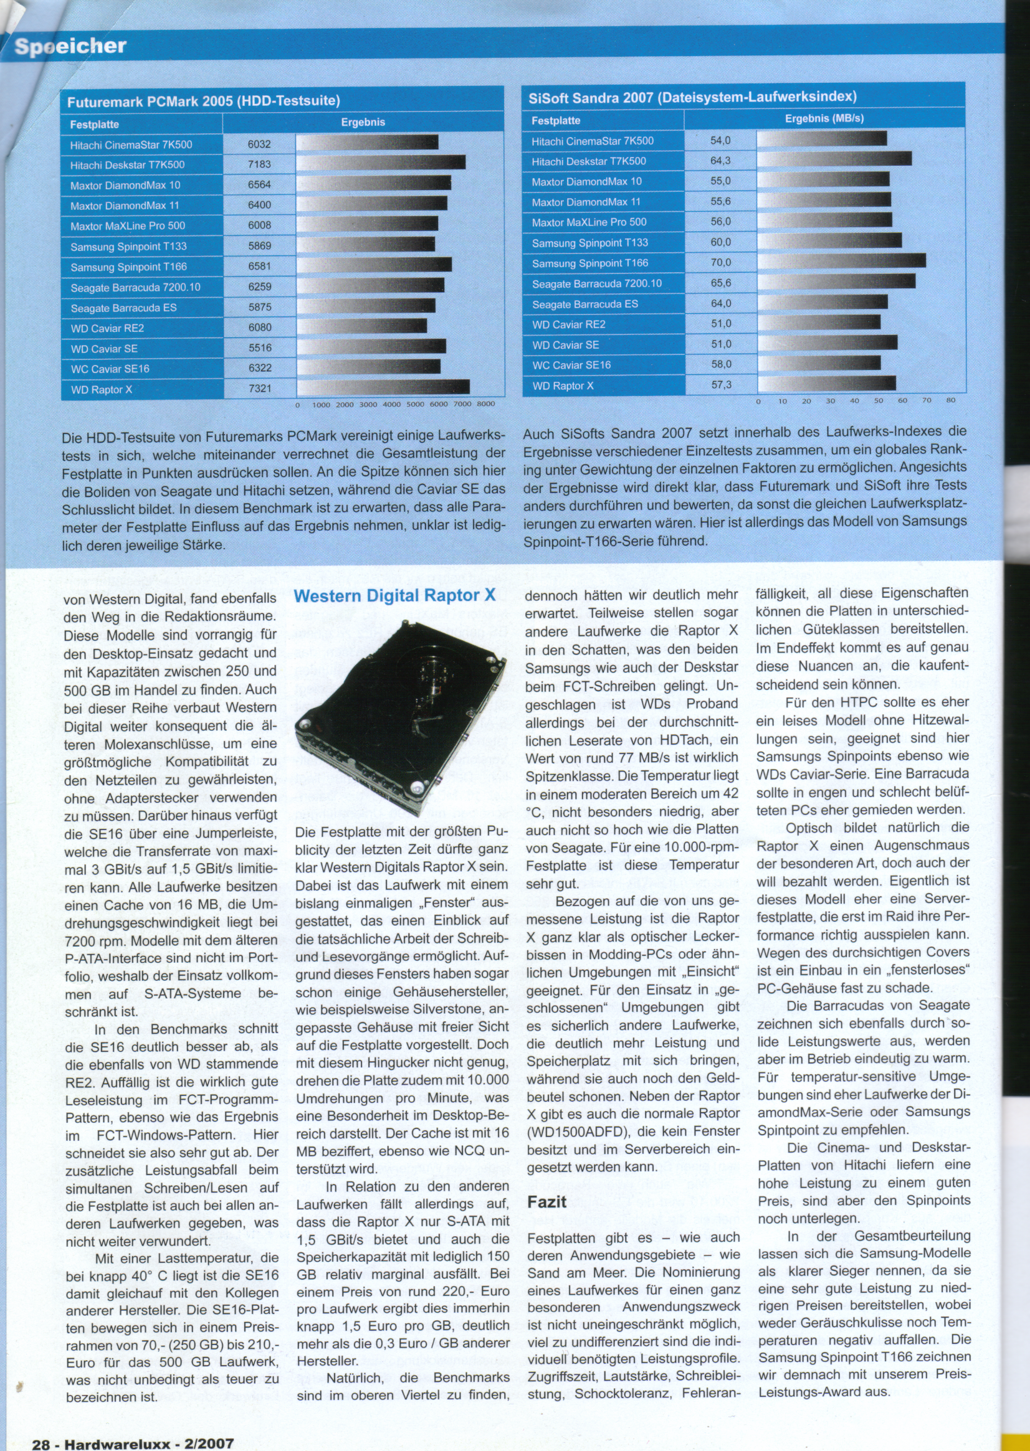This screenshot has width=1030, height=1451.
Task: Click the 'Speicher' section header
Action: click(x=70, y=46)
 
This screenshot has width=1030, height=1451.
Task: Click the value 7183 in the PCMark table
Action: click(x=259, y=164)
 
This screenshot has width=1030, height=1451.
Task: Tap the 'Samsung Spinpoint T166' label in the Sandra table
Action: click(x=581, y=263)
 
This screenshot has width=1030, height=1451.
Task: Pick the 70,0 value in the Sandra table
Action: click(x=720, y=262)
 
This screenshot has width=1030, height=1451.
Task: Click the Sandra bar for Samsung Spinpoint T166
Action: click(x=841, y=260)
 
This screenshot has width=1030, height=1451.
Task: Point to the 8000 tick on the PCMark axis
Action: click(x=485, y=404)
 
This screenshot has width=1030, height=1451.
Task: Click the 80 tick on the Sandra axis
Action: click(x=950, y=400)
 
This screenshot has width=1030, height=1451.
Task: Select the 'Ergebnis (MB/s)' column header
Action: click(x=824, y=118)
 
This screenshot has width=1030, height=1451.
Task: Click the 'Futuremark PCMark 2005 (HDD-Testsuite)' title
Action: click(x=204, y=101)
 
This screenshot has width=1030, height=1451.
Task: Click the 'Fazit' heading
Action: click(x=546, y=1201)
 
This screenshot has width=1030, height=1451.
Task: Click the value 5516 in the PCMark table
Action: click(x=259, y=348)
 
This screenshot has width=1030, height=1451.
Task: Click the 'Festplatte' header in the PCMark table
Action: click(x=94, y=125)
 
